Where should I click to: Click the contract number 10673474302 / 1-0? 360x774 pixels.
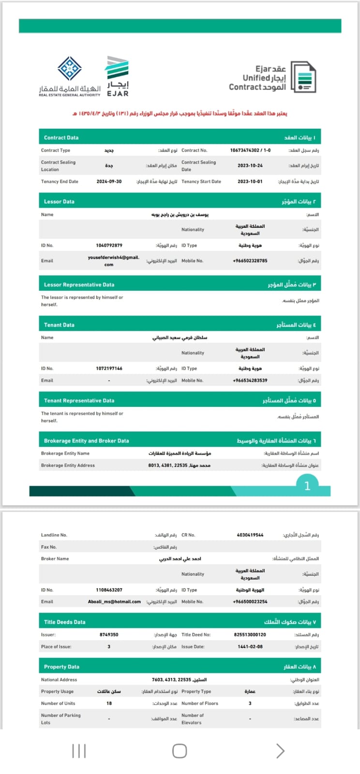coord(250,150)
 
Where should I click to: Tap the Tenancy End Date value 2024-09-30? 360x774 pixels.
coord(109,182)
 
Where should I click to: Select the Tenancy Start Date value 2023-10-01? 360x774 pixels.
coord(250,182)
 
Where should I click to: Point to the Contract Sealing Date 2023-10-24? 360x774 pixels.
coord(250,165)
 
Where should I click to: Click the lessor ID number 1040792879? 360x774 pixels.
coord(109,246)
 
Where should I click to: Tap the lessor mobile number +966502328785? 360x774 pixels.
coord(250,261)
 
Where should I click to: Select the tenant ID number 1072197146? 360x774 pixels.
coord(109,369)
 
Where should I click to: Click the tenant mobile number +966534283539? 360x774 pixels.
coord(250,381)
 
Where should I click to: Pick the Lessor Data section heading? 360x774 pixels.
coord(59,202)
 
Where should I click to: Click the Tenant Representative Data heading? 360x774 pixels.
coord(79,401)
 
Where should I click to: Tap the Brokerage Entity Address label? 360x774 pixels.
coord(68,465)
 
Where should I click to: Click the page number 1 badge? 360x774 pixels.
coord(307,486)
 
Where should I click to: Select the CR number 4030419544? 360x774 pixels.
coord(250,535)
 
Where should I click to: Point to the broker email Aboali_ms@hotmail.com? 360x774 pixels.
coord(114,602)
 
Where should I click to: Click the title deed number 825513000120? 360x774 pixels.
coord(250,635)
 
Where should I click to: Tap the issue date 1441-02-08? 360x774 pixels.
coord(250,647)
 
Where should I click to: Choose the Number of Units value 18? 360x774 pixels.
coord(109,703)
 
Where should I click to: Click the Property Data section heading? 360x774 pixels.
coord(61,667)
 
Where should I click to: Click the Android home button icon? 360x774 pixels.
coord(180,751)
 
